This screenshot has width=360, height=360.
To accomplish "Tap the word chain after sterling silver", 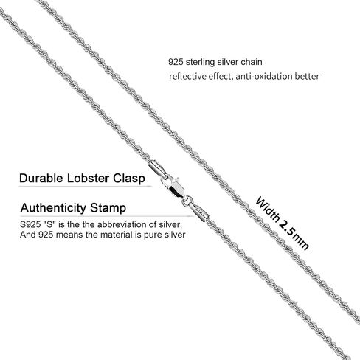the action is pos(252,62).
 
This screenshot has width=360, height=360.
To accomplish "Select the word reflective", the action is pos(187,76).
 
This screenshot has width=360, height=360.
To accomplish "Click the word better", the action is pos(307,76).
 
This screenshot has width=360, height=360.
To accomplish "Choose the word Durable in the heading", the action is pos(41,178).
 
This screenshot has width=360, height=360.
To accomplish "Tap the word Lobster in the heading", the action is pos(88,178).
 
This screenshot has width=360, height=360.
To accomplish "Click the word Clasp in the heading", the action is pos(129,179).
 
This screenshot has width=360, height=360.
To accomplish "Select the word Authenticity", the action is pos(53,208).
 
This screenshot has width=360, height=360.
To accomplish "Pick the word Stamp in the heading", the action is pos(108,208).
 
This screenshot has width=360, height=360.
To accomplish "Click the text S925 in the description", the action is pos(30,224).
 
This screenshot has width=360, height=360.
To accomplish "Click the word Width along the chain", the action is pos(268,209).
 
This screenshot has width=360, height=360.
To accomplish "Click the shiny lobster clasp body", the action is pos(173,187).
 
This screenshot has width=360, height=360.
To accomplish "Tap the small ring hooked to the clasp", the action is pos(187,201).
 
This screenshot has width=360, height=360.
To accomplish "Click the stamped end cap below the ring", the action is pos(200,212).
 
